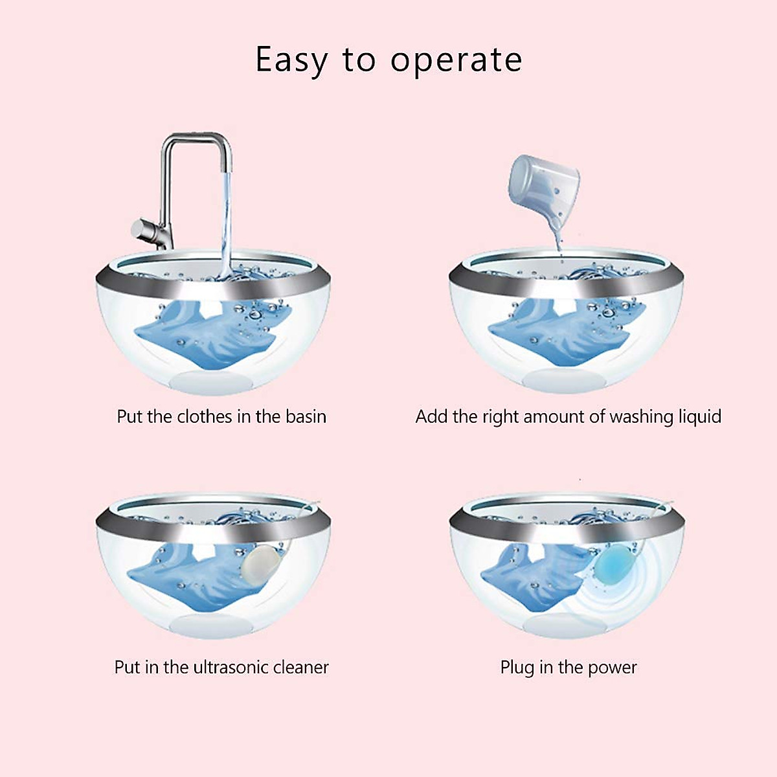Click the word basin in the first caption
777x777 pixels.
coord(306,416)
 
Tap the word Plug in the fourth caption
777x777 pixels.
coord(517,668)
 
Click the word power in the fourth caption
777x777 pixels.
coord(611,668)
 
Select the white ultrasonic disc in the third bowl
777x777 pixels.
coord(260,563)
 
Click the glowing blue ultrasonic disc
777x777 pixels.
coord(613,564)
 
